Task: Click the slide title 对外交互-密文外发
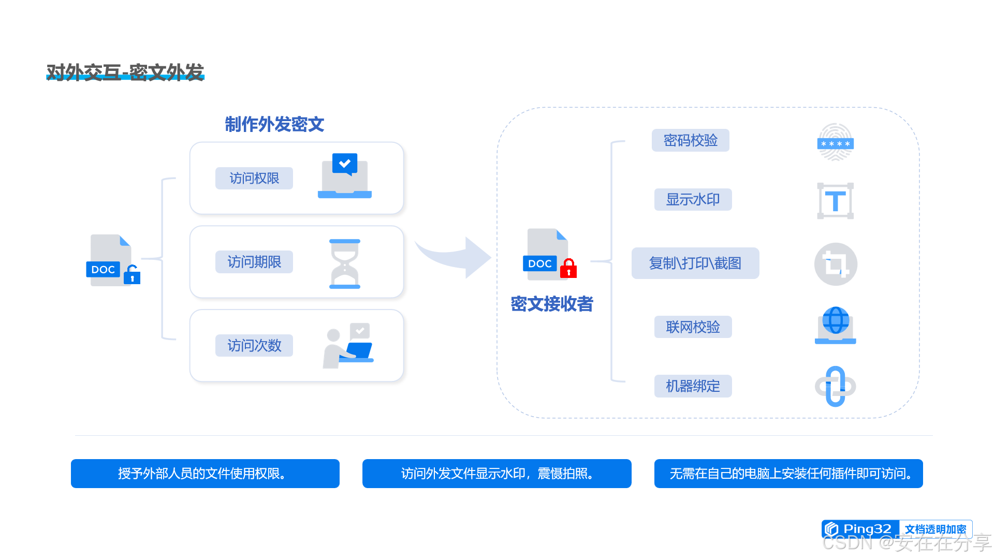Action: [125, 72]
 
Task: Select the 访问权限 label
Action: [254, 178]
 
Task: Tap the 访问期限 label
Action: [254, 262]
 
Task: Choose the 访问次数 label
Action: [254, 345]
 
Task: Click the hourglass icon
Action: [345, 264]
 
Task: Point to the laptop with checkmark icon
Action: [345, 176]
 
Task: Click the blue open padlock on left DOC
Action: [132, 275]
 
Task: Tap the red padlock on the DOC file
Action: [568, 269]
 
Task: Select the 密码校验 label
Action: [690, 140]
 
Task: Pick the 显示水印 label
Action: [693, 199]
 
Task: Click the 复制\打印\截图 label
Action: [695, 263]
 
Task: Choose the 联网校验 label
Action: [693, 327]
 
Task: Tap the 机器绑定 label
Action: [693, 386]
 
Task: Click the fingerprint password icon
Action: [835, 142]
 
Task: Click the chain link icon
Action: [835, 386]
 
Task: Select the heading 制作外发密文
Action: [274, 124]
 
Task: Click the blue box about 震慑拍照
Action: [496, 474]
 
